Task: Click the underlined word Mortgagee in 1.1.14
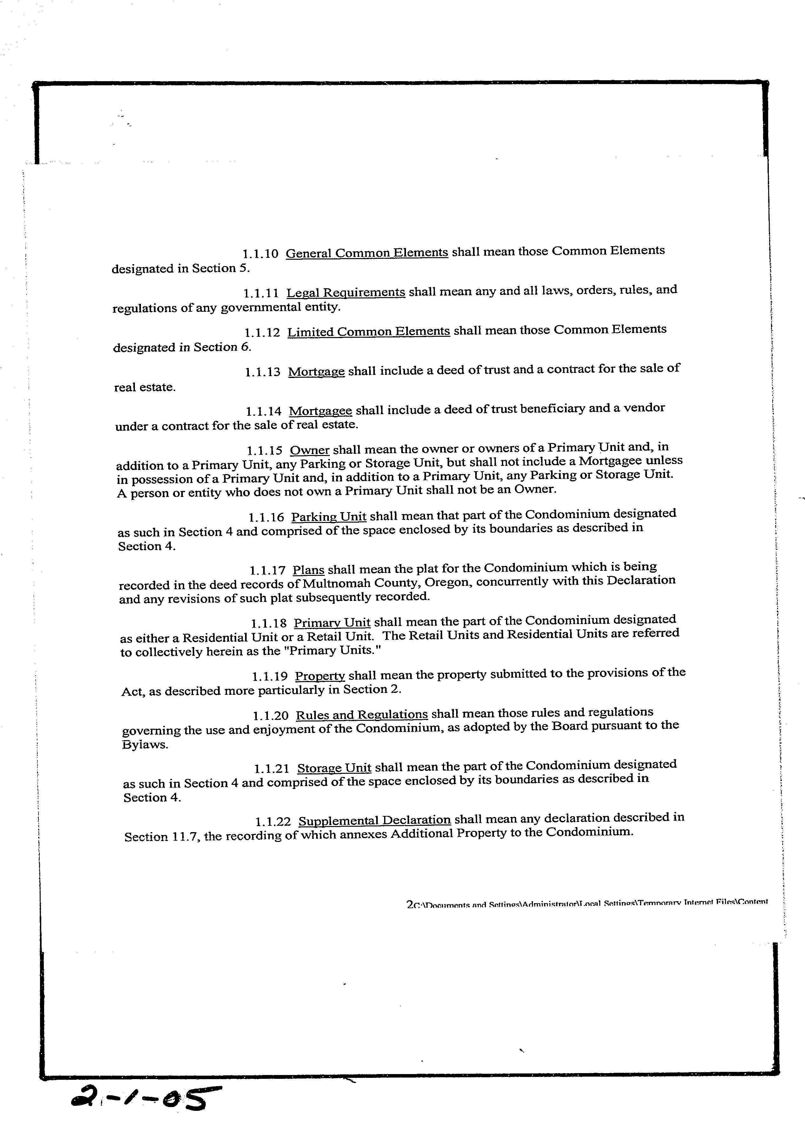tap(320, 411)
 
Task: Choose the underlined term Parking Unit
tap(329, 517)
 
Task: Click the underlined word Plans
tap(308, 570)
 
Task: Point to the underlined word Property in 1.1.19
tap(320, 676)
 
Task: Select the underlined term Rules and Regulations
tap(361, 715)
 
